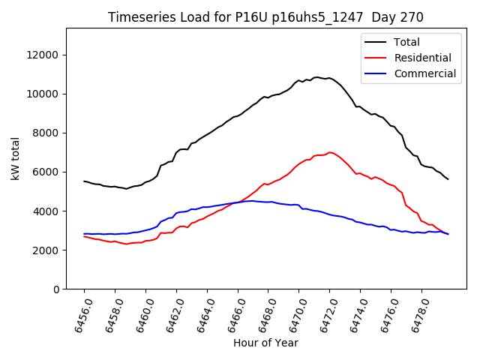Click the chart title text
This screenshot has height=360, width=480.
click(265, 17)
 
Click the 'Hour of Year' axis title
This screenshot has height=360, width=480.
click(265, 343)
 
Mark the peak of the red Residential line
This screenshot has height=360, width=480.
click(329, 152)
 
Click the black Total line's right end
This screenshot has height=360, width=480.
click(448, 179)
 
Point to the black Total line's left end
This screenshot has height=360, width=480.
click(84, 181)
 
